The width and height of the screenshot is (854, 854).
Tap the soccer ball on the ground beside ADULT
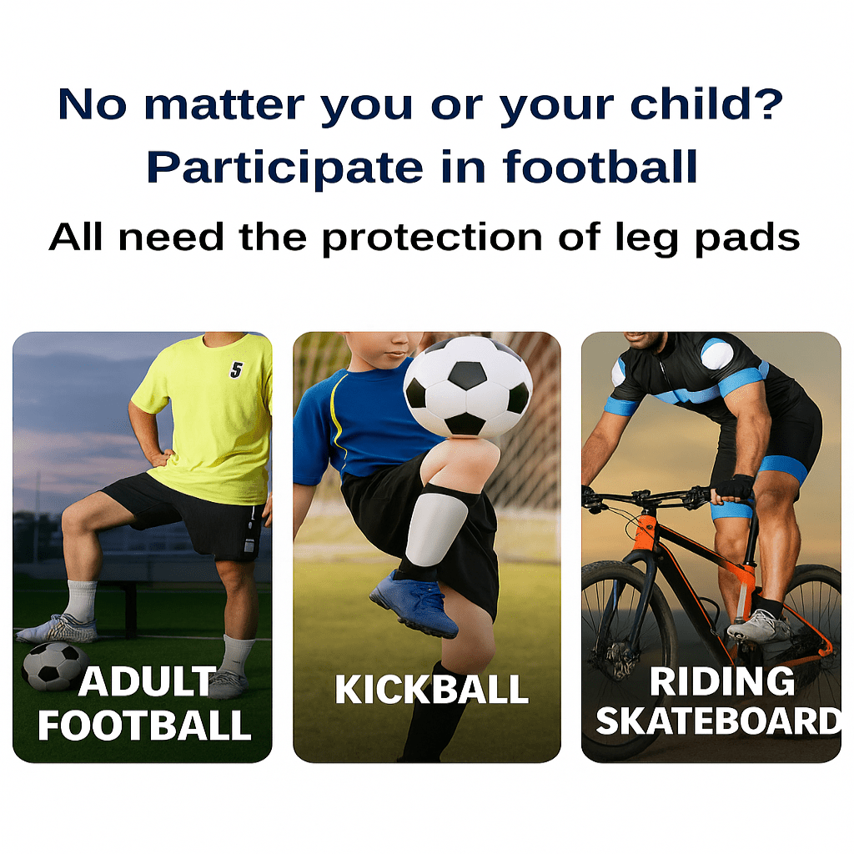coord(53,666)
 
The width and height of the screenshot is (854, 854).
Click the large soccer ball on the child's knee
coord(467,385)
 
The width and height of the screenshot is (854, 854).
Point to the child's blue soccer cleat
coord(415,603)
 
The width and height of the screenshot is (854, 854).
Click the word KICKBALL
coord(431,690)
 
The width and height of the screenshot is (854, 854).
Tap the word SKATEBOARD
coord(718,721)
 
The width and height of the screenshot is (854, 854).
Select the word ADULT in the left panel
coord(147,682)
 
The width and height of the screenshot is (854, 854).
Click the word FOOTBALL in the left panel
coord(144,726)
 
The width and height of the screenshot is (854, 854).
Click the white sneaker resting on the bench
coord(57,629)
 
